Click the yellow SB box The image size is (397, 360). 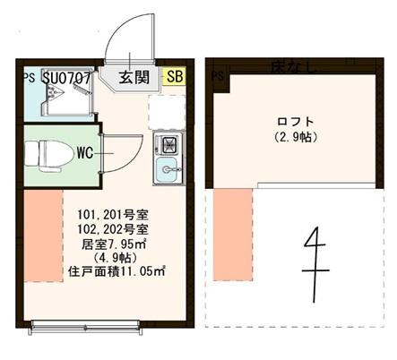tap(175, 78)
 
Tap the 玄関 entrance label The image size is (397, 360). tap(134, 78)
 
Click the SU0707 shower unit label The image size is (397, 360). tap(65, 78)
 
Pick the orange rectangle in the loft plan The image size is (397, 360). tap(229, 228)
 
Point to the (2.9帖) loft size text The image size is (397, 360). tap(297, 137)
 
